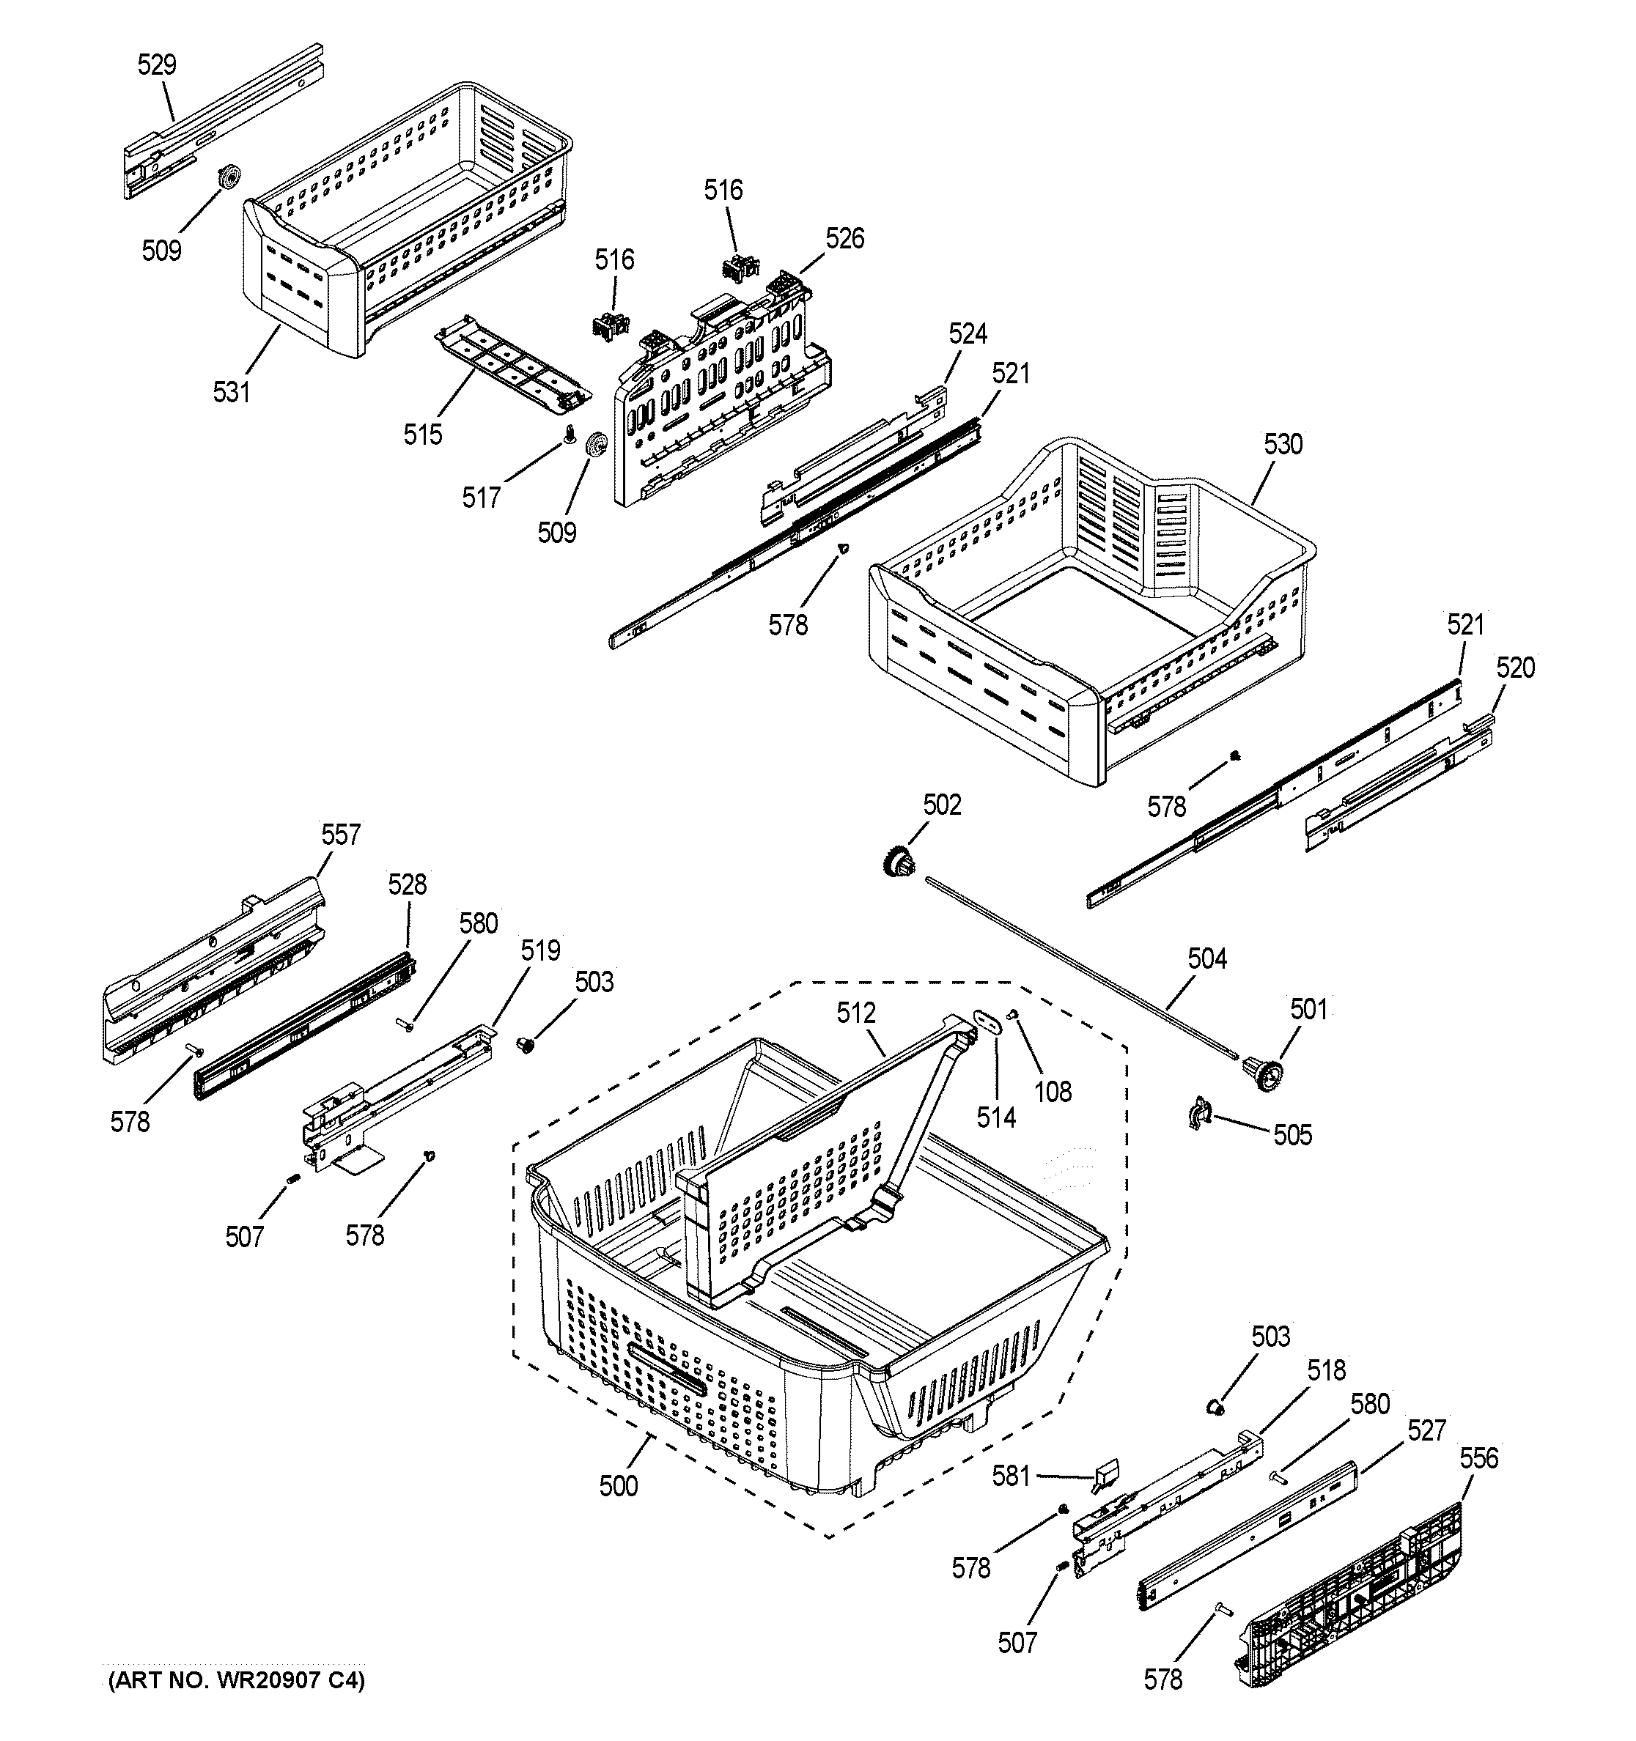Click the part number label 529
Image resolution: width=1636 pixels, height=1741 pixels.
[157, 64]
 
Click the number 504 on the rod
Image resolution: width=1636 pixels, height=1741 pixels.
[1207, 959]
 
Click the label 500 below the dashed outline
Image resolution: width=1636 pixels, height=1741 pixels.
[619, 1486]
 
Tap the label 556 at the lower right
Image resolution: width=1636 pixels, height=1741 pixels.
[1478, 1458]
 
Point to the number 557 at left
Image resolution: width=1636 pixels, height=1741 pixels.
[340, 835]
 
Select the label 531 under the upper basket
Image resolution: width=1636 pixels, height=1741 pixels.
[231, 392]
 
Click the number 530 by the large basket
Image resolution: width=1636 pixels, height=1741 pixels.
[1283, 444]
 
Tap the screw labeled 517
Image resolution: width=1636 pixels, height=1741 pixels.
[570, 435]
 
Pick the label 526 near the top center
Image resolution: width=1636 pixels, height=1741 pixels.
[844, 238]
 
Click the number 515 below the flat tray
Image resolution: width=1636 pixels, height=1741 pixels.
[422, 435]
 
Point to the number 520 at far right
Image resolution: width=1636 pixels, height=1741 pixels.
[1515, 668]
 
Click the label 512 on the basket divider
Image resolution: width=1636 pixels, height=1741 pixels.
[855, 1013]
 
